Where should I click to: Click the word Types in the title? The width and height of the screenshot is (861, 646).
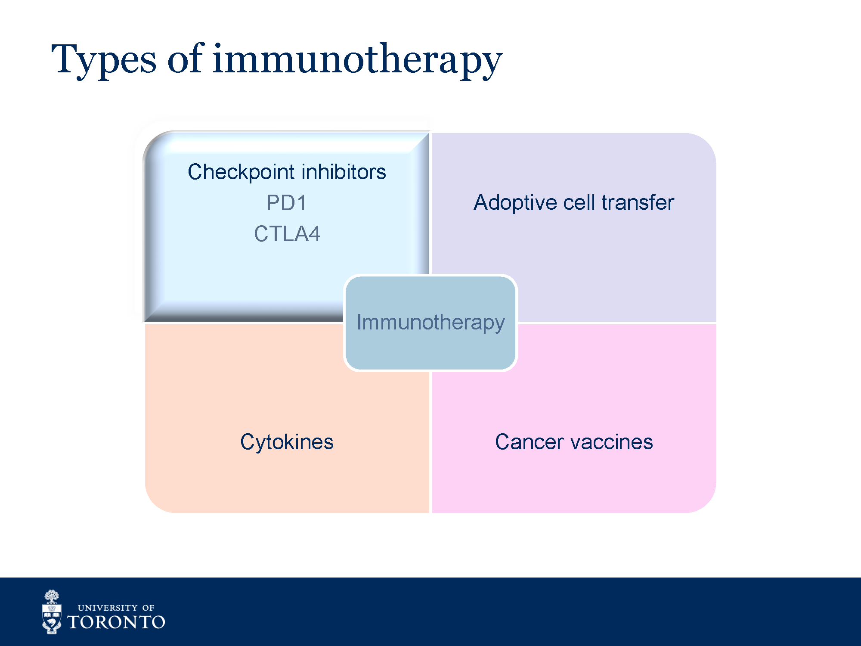coord(104,60)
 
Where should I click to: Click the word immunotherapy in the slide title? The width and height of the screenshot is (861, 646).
coord(357,60)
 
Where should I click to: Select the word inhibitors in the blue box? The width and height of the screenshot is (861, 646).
coord(344,171)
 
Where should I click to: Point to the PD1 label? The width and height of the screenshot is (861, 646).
coord(286,203)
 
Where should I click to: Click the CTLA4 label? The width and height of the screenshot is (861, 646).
coord(287,234)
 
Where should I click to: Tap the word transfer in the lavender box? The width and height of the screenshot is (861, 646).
coord(638,202)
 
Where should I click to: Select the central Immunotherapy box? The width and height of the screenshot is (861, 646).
coord(430,323)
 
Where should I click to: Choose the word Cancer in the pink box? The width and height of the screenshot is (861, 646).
coord(529,442)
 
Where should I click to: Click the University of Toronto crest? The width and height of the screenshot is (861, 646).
coord(52,612)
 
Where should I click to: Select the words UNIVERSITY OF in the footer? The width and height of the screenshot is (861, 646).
coord(116,608)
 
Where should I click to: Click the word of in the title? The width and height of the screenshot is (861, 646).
coord(185,58)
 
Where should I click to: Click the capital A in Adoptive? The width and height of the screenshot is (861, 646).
coord(481,202)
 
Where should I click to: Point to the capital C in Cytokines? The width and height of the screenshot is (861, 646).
coord(248,442)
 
